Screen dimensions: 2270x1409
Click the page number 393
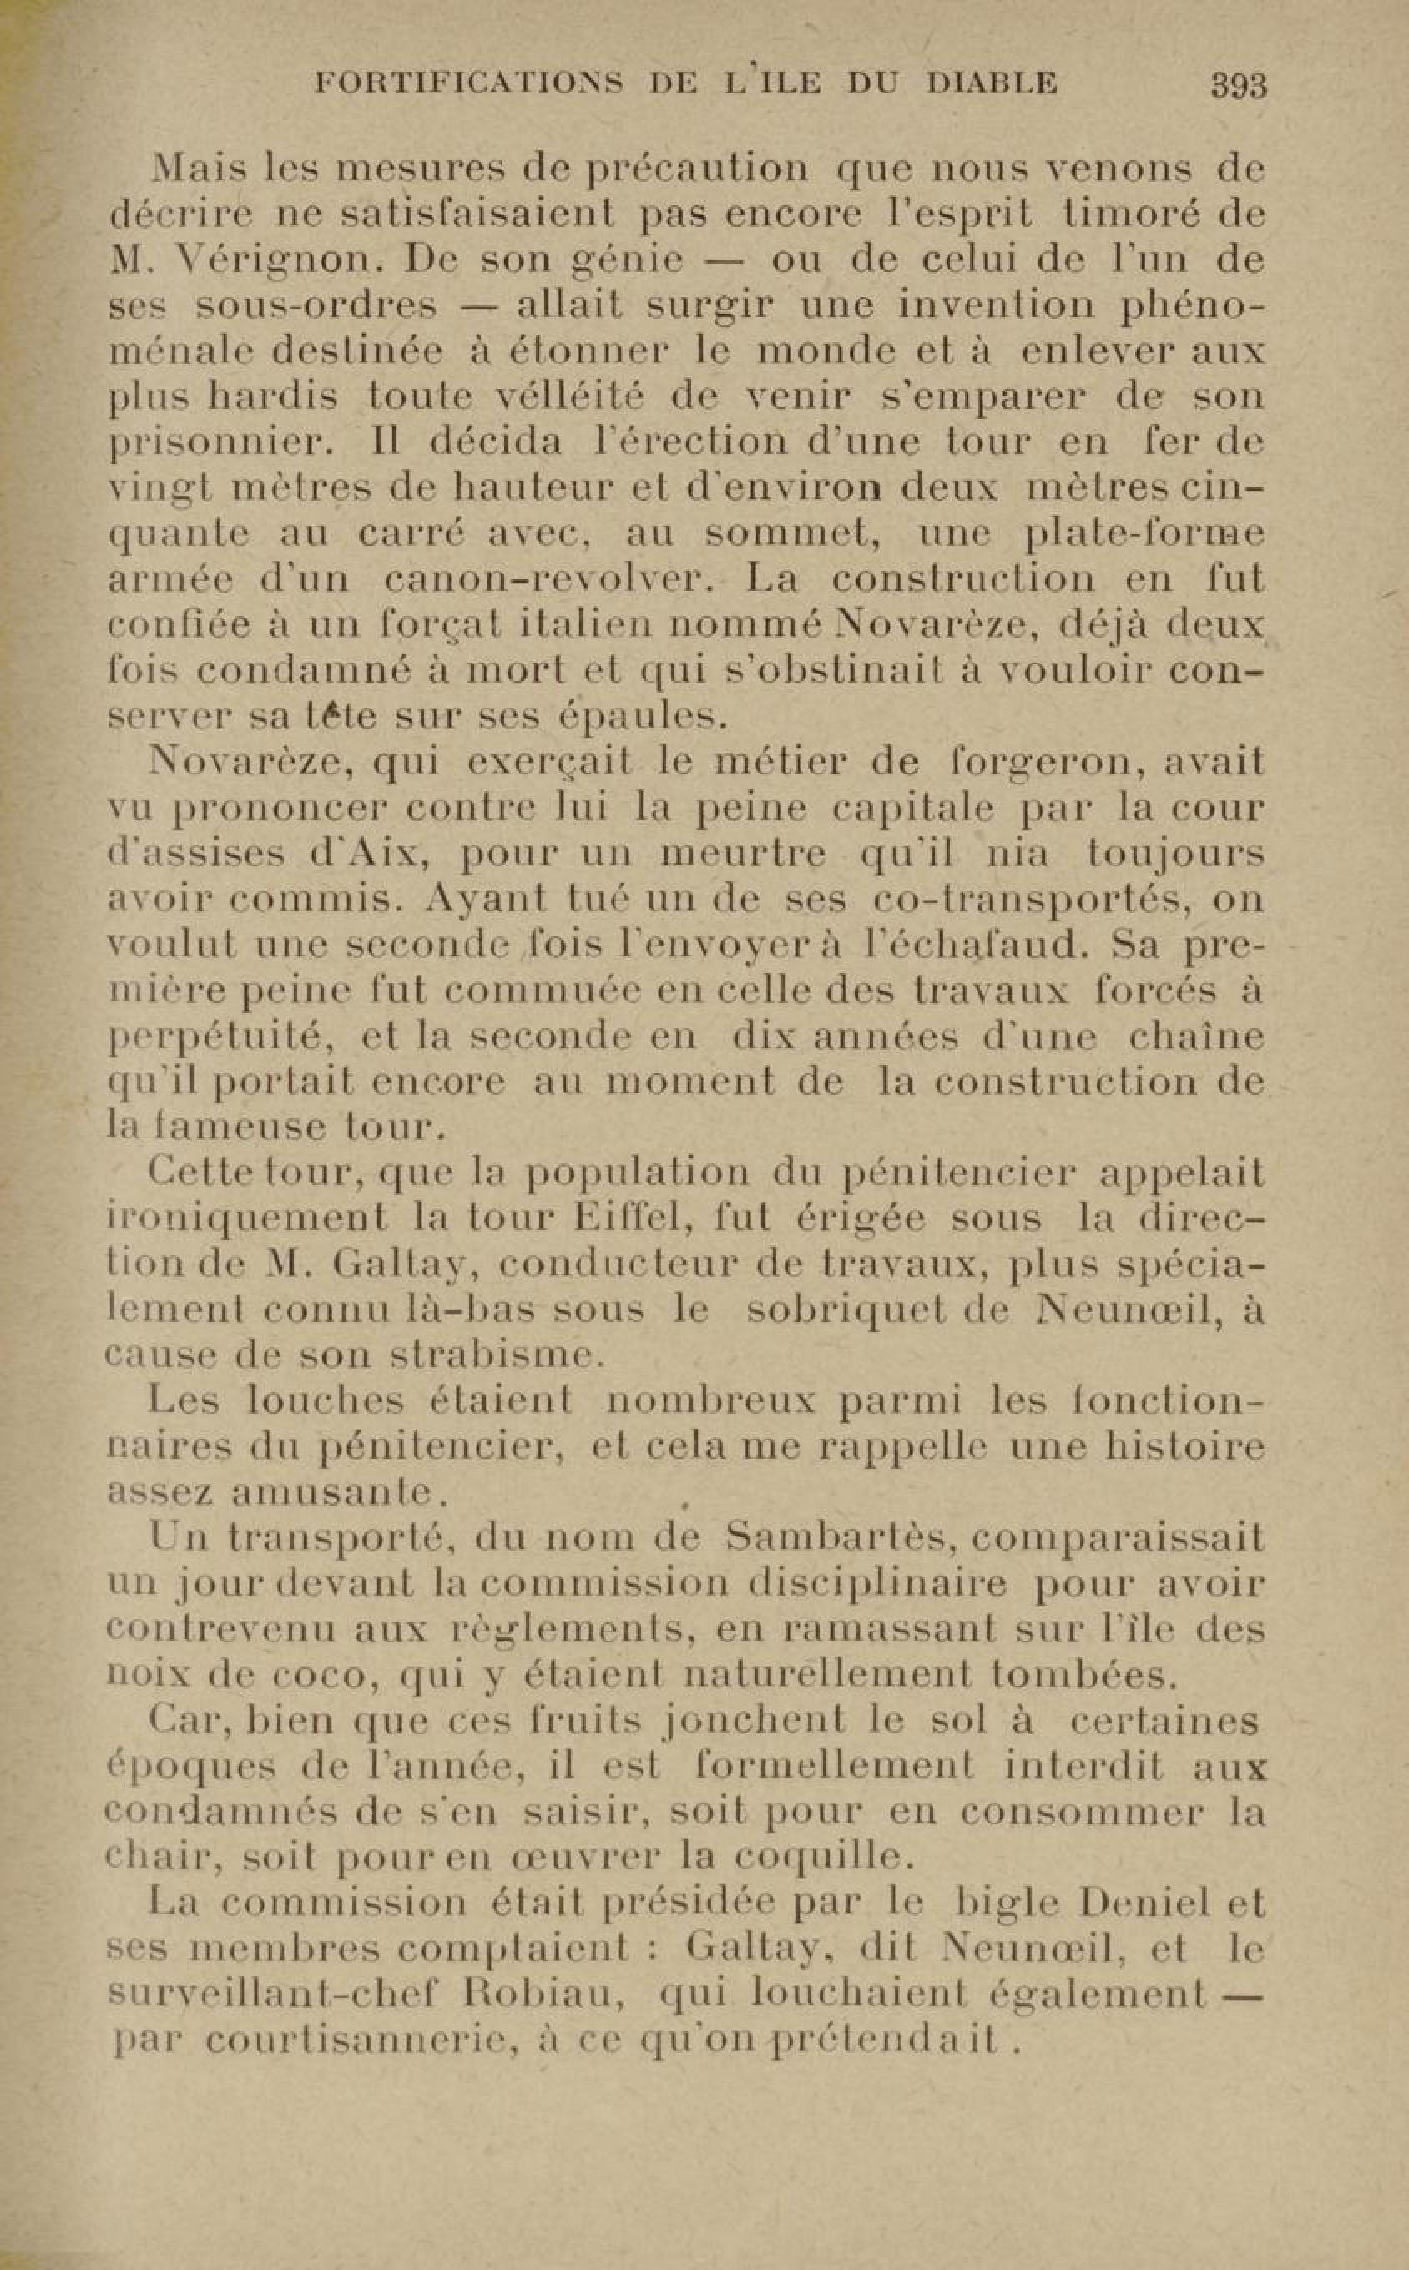(x=1239, y=87)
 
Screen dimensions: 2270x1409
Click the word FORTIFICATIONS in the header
(x=470, y=85)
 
